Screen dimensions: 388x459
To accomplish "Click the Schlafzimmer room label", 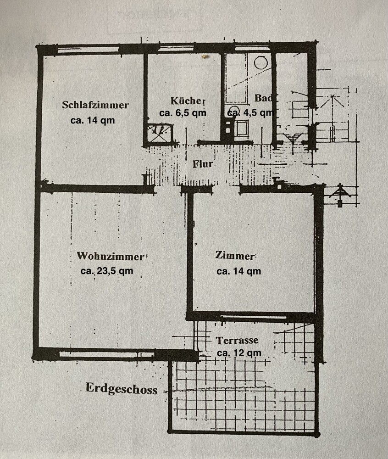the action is point(95,105).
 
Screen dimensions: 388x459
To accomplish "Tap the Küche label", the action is point(186,101).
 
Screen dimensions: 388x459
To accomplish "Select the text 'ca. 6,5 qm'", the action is point(183,113).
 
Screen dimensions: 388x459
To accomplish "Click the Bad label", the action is point(263,98).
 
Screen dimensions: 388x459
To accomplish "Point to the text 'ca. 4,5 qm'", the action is point(251,112).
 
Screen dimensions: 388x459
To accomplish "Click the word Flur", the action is point(202,164).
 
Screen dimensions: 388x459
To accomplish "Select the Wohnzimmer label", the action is point(110,256).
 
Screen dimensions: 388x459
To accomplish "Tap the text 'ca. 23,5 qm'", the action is point(107,271).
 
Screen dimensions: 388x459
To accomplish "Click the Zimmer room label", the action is point(235,256).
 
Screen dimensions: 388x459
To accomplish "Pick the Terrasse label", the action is point(237,340).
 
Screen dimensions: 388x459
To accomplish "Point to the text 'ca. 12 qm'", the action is point(239,353).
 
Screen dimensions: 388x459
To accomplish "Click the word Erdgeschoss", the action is point(122,389).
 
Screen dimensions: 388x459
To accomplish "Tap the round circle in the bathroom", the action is point(261,62).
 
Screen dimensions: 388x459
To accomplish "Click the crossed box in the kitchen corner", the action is point(160,133).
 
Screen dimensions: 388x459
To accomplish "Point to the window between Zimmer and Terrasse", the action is point(253,317).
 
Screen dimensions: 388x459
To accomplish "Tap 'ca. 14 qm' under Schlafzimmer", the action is point(92,120).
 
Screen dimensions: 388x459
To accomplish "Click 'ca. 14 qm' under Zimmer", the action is point(238,271).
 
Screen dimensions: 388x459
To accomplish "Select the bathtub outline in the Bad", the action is point(236,78).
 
